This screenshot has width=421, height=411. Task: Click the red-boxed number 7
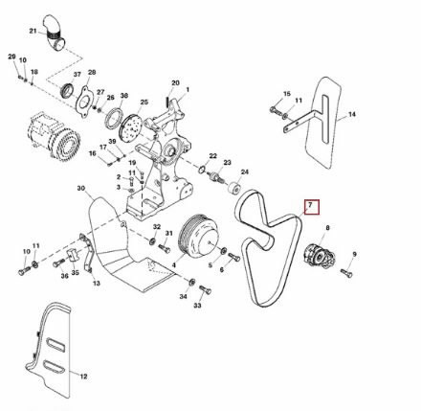coord(309,205)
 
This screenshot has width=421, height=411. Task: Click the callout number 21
coord(33,31)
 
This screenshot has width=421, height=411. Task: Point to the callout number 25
coord(145,102)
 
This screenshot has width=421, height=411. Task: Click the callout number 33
coord(197,308)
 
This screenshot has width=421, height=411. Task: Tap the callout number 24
coord(244,171)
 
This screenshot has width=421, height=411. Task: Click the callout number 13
coord(96,285)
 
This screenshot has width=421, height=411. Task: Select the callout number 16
coord(93,153)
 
